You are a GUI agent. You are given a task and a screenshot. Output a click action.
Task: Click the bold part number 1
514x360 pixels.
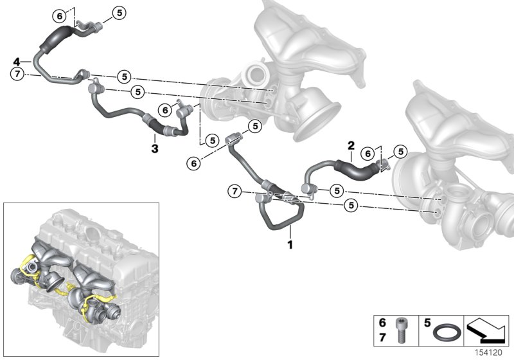(x=289, y=244)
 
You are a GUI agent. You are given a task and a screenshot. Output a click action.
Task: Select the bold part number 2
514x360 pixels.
(x=351, y=146)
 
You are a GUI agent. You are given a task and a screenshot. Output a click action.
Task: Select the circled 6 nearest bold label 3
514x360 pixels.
(x=165, y=111)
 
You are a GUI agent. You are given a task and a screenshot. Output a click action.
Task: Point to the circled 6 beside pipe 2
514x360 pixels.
(x=367, y=153)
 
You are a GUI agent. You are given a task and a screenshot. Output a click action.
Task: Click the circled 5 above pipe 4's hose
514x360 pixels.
(x=120, y=12)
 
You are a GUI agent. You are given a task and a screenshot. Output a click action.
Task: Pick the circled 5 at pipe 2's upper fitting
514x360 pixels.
(x=402, y=152)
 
